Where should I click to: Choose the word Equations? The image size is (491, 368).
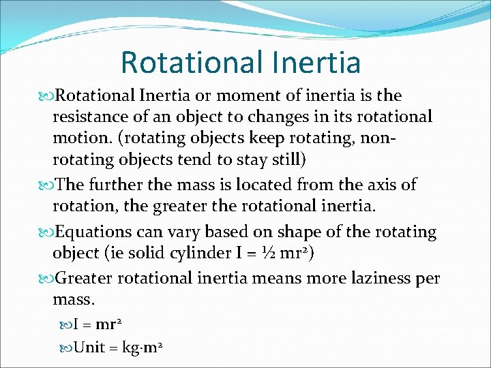pyautogui.click(x=93, y=232)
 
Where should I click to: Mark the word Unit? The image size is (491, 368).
pyautogui.click(x=89, y=348)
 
